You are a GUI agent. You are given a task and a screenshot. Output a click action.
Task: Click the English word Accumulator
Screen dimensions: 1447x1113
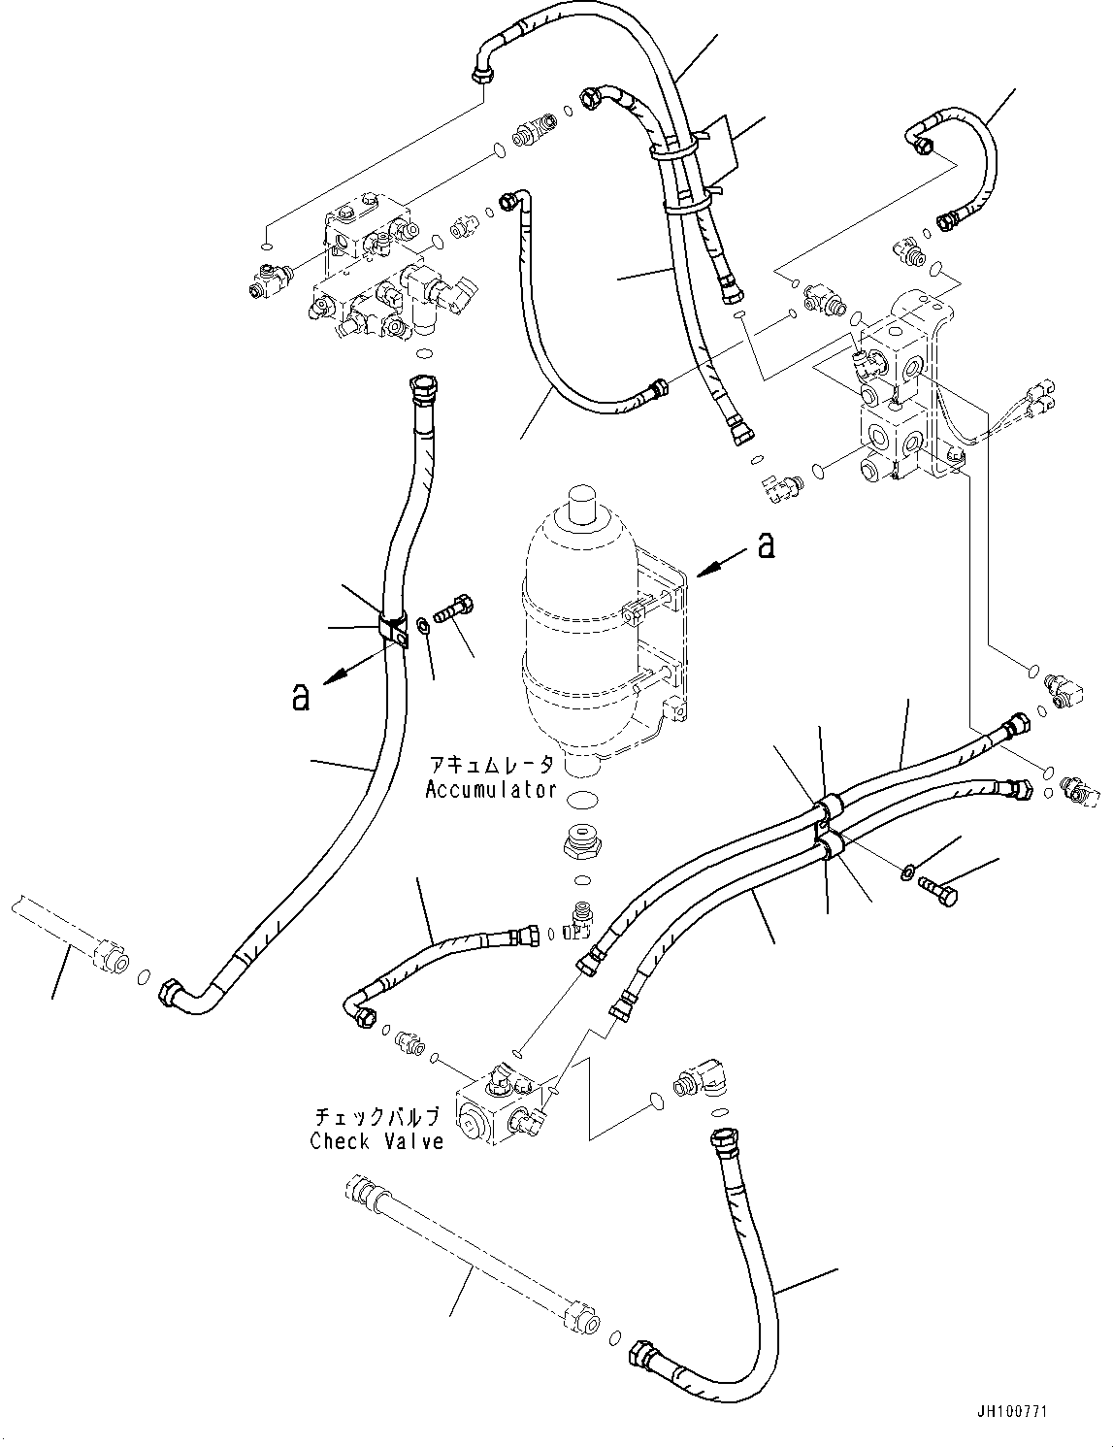(x=490, y=789)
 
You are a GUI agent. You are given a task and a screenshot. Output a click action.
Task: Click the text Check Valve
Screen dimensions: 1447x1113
(x=376, y=1141)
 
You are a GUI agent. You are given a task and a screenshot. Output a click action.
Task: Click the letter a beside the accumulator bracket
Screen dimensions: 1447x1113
(x=767, y=546)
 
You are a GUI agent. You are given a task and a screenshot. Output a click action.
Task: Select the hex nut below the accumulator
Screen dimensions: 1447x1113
(x=585, y=842)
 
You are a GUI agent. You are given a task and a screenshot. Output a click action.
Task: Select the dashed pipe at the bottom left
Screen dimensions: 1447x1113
(x=466, y=1263)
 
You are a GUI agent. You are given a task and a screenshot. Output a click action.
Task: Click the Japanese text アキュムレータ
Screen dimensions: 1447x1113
(x=490, y=764)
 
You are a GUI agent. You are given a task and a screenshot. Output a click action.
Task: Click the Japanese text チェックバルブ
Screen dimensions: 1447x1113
(x=376, y=1116)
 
